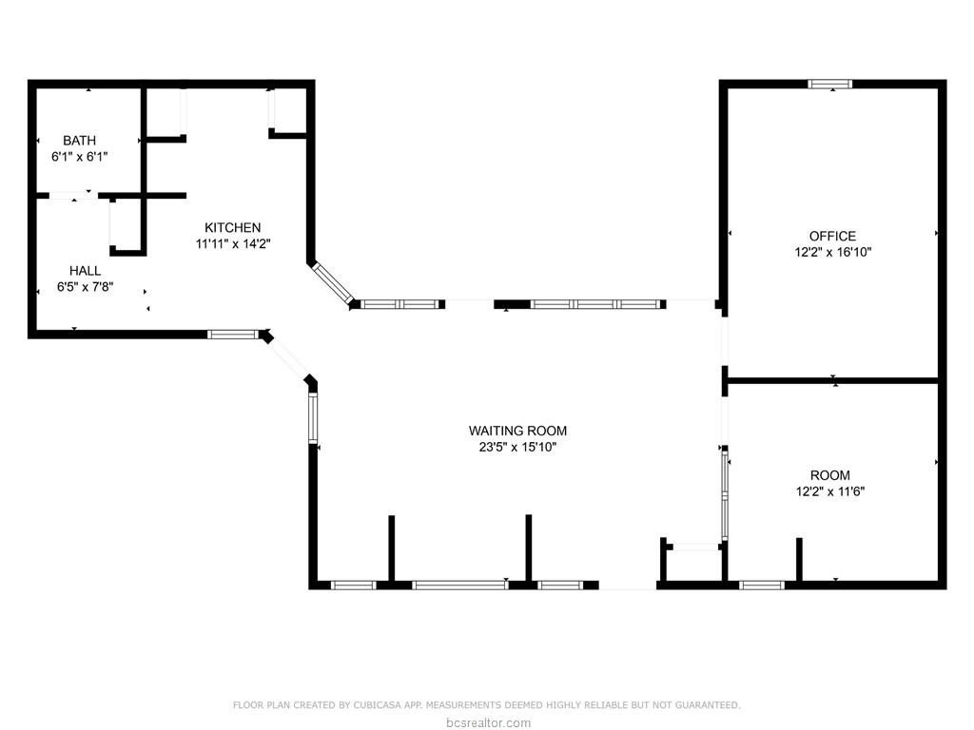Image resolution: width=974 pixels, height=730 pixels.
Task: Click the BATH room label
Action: (x=80, y=141)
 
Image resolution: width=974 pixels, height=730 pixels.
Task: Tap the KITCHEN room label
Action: (x=233, y=227)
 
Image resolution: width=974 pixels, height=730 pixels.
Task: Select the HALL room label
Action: (x=85, y=271)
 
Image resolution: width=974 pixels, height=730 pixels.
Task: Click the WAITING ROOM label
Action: (x=517, y=431)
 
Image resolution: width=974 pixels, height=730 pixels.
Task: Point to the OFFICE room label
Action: (x=832, y=236)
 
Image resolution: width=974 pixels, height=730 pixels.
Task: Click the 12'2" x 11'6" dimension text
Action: (x=830, y=491)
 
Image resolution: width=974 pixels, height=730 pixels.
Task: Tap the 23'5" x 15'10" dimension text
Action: (x=517, y=447)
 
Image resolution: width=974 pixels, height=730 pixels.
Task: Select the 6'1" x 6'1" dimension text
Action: (x=80, y=157)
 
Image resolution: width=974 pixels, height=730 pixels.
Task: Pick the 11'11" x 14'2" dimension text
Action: (x=233, y=244)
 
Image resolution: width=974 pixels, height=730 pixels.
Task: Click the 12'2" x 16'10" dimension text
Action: (x=832, y=252)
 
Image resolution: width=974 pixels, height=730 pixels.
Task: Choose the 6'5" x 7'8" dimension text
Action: (x=85, y=287)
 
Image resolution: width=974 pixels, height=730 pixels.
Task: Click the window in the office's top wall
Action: (x=829, y=84)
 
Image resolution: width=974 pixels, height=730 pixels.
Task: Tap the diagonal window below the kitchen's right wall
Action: (x=332, y=283)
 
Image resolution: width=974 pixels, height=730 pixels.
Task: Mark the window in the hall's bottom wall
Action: (x=233, y=335)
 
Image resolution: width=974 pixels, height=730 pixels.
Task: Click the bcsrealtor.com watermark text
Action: (x=488, y=722)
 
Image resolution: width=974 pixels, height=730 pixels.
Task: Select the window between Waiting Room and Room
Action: (x=724, y=494)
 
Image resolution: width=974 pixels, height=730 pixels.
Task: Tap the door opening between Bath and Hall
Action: (x=73, y=196)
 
